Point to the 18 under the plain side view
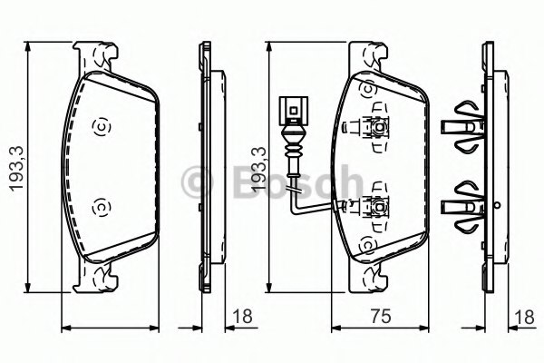[x=242, y=316]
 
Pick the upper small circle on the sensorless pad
[x=101, y=125]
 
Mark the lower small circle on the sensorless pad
[x=101, y=208]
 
